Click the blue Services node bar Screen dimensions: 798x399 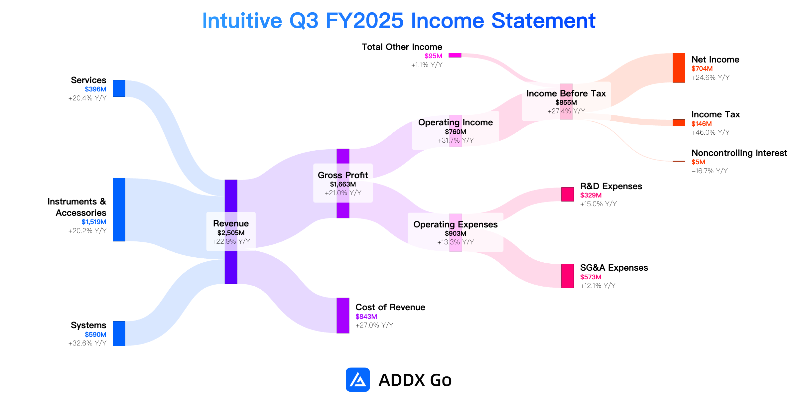pyautogui.click(x=119, y=88)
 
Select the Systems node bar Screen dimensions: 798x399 pyautogui.click(x=119, y=333)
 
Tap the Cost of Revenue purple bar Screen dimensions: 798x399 pyautogui.click(x=343, y=316)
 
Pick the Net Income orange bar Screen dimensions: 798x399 pyautogui.click(x=679, y=68)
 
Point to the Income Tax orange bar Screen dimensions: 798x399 pyautogui.click(x=679, y=123)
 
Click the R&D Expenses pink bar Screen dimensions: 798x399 pyautogui.click(x=568, y=195)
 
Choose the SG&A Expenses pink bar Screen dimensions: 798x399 pyautogui.click(x=568, y=276)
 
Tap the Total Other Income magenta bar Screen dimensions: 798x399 pyautogui.click(x=455, y=55)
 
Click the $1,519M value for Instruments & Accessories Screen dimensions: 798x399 pyautogui.click(x=94, y=222)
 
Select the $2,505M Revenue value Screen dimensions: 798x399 pyautogui.click(x=231, y=233)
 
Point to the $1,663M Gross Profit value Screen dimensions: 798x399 pyautogui.click(x=343, y=184)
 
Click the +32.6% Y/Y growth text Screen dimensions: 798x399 pyautogui.click(x=87, y=343)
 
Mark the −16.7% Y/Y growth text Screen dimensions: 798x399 pyautogui.click(x=710, y=171)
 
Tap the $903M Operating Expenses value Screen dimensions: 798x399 pyautogui.click(x=456, y=233)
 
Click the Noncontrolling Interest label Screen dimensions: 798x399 pyautogui.click(x=739, y=153)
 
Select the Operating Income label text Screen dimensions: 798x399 pyautogui.click(x=456, y=122)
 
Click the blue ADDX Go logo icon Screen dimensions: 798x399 pyautogui.click(x=358, y=380)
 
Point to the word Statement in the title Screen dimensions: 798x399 pyautogui.click(x=543, y=21)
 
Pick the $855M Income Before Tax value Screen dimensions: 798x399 pyautogui.click(x=566, y=102)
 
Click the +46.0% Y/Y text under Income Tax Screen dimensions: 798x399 pyautogui.click(x=711, y=132)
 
